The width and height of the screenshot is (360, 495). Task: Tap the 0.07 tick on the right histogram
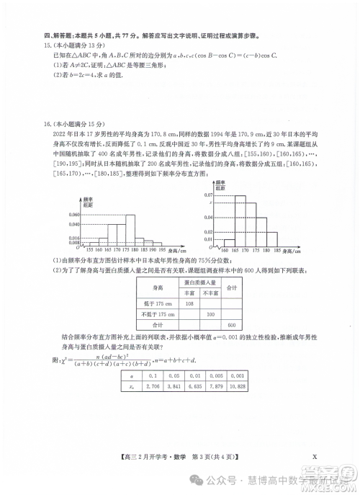pos(208,195)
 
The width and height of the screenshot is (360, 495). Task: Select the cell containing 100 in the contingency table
pos(211,314)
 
